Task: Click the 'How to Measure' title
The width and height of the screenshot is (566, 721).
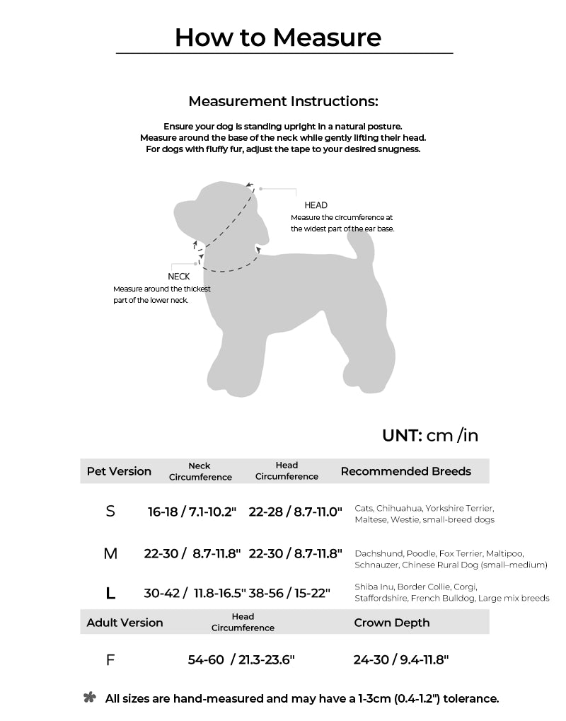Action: (278, 37)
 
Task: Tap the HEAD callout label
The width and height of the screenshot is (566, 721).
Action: (316, 205)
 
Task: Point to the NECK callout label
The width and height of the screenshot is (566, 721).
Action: (178, 277)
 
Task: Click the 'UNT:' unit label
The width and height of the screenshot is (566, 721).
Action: (402, 435)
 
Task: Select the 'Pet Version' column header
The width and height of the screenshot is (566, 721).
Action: (119, 471)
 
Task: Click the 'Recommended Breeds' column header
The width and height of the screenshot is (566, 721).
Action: (405, 471)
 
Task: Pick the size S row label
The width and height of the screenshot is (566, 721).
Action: (110, 511)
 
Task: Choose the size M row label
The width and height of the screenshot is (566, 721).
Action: (110, 553)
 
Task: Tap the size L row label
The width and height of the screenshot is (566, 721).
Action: (110, 593)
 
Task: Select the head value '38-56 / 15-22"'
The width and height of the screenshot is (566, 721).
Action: (289, 594)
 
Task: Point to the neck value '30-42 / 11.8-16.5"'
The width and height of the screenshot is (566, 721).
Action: (195, 594)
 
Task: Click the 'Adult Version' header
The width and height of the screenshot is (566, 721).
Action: (125, 623)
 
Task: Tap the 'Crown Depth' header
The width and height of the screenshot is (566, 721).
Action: (391, 623)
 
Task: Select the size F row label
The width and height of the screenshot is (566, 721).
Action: (110, 660)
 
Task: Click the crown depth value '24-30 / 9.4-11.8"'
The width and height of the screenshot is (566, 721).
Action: (401, 660)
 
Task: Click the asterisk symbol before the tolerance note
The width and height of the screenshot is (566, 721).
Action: (90, 698)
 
